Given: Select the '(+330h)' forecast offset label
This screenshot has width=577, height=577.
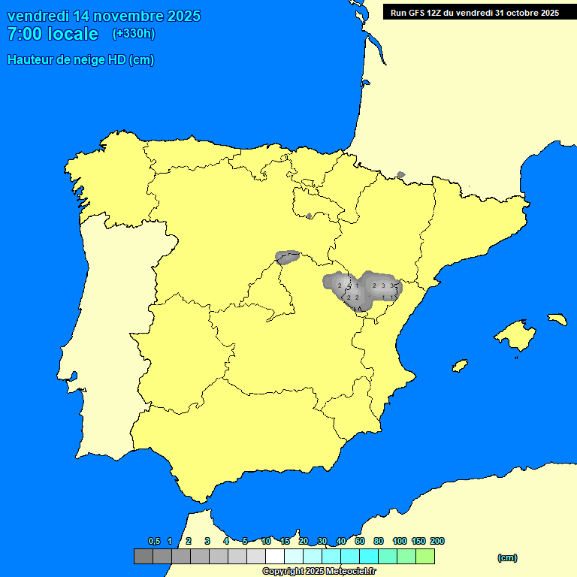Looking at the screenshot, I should tap(133, 34).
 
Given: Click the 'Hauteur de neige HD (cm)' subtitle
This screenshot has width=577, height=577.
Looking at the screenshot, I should tap(80, 60).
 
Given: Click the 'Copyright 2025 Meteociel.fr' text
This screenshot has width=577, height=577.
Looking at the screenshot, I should tap(319, 571).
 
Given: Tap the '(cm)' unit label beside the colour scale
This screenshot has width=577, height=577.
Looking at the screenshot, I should tap(507, 557).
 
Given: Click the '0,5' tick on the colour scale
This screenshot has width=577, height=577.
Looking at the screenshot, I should tap(154, 541).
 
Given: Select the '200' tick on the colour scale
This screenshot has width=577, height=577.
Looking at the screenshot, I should tap(437, 541).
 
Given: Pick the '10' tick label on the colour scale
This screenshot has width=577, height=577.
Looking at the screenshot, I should tap(266, 541).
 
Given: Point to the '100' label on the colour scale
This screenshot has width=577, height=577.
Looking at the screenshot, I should tap(400, 541).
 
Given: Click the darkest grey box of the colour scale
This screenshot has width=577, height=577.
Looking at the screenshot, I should tap(143, 557).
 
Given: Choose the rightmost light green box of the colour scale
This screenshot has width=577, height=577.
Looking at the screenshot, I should tap(424, 557).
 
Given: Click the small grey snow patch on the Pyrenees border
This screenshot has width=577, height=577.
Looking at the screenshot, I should tap(400, 175).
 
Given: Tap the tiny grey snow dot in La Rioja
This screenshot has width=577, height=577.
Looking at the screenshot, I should tap(310, 216).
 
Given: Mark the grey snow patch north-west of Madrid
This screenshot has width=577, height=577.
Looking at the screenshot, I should tap(288, 258).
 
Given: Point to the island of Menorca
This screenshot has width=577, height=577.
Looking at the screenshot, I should tap(556, 319).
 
